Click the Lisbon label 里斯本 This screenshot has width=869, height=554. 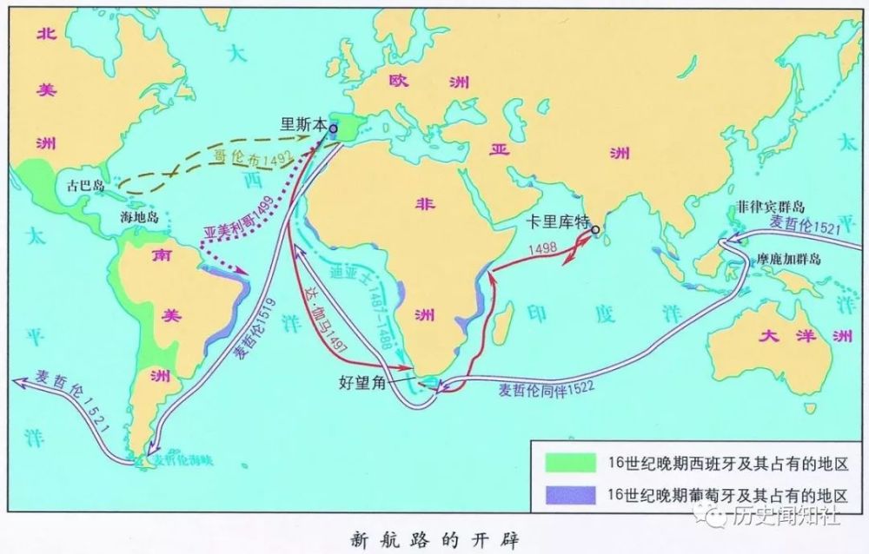tap(303, 124)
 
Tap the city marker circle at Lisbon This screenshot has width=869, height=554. tap(333, 128)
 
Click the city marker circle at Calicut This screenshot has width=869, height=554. tap(595, 230)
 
